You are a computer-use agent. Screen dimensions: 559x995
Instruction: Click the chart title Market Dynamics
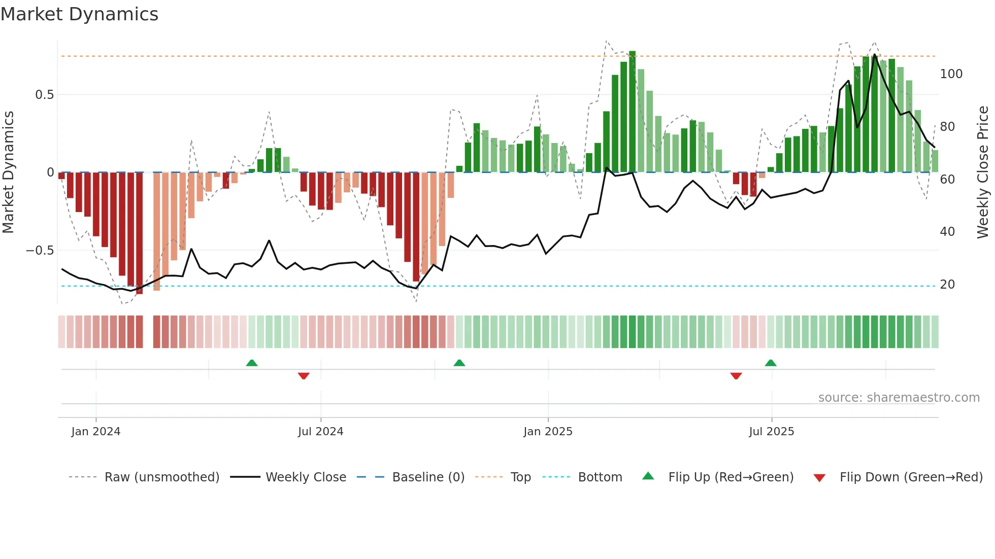pos(80,14)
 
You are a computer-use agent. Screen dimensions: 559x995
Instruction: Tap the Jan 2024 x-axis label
pos(96,432)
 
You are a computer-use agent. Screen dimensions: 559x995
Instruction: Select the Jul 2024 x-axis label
pos(320,432)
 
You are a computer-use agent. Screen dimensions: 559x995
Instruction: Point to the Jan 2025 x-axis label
pos(548,432)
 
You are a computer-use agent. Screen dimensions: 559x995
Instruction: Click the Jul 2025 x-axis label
pos(771,432)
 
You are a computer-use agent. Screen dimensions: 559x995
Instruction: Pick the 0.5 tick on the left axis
pos(44,95)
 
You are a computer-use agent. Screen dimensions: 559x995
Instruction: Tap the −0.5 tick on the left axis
pos(40,251)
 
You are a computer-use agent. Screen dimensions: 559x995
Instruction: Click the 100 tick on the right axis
pos(951,74)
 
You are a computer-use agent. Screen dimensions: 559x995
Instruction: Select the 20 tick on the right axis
pos(947,285)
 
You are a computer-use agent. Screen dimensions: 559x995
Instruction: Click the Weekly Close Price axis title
pos(983,172)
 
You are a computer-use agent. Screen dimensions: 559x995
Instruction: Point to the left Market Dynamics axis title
pos(8,172)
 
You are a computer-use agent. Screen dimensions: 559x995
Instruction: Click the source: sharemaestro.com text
pos(899,398)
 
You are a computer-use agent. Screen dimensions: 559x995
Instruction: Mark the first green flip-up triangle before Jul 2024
pos(252,363)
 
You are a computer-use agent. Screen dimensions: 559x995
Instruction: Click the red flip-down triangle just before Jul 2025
pos(736,376)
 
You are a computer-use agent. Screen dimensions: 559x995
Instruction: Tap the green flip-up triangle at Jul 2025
pos(771,363)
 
